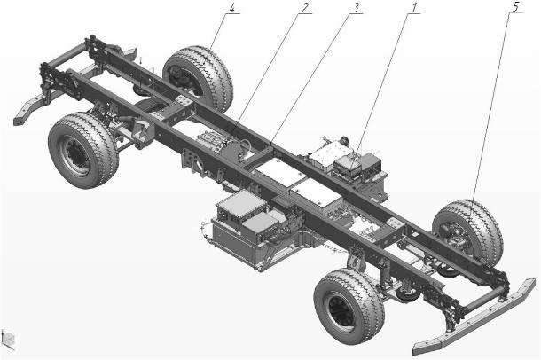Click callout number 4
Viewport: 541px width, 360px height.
tap(231, 8)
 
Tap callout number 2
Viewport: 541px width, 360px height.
tap(304, 8)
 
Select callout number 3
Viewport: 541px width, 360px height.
tap(355, 8)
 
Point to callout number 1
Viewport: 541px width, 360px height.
tap(413, 7)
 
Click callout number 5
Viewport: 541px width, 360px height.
tap(515, 7)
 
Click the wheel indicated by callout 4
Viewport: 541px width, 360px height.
tap(199, 79)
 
